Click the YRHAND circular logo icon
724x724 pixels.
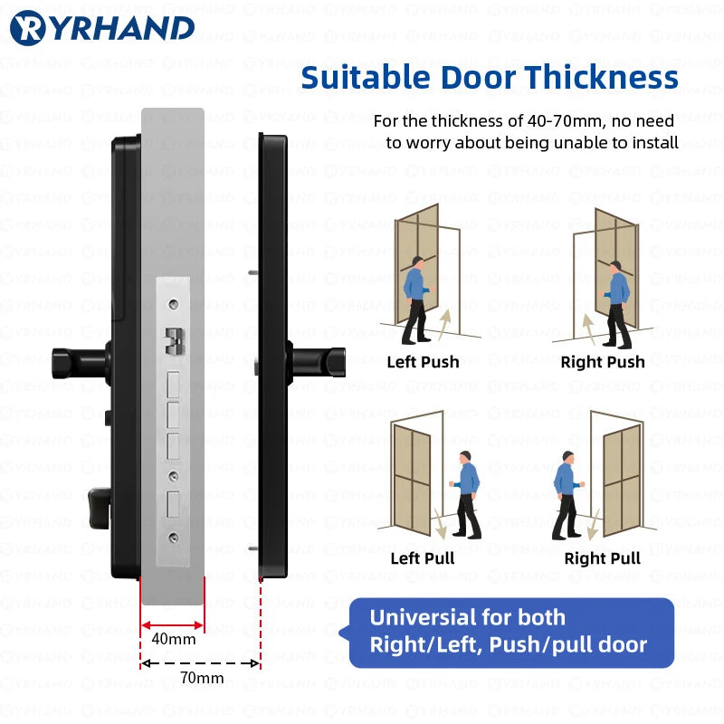[x=28, y=28]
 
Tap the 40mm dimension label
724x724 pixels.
[x=174, y=639]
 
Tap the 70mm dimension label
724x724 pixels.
[x=202, y=678]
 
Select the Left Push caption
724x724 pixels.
[x=423, y=362]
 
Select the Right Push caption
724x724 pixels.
[x=603, y=362]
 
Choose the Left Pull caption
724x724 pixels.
[x=423, y=558]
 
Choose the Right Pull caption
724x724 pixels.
[x=602, y=558]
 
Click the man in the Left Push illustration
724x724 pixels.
[x=418, y=300]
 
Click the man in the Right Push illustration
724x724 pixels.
[x=616, y=305]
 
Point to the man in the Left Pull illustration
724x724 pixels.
[x=466, y=495]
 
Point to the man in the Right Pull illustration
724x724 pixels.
[x=567, y=495]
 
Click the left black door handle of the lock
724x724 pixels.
[x=81, y=364]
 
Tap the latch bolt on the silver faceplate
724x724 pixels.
[x=174, y=341]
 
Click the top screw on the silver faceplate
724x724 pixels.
[x=174, y=304]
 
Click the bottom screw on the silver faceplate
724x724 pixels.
[x=174, y=538]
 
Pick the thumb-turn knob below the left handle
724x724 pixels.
[x=99, y=508]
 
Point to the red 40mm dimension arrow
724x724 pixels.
[x=172, y=625]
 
